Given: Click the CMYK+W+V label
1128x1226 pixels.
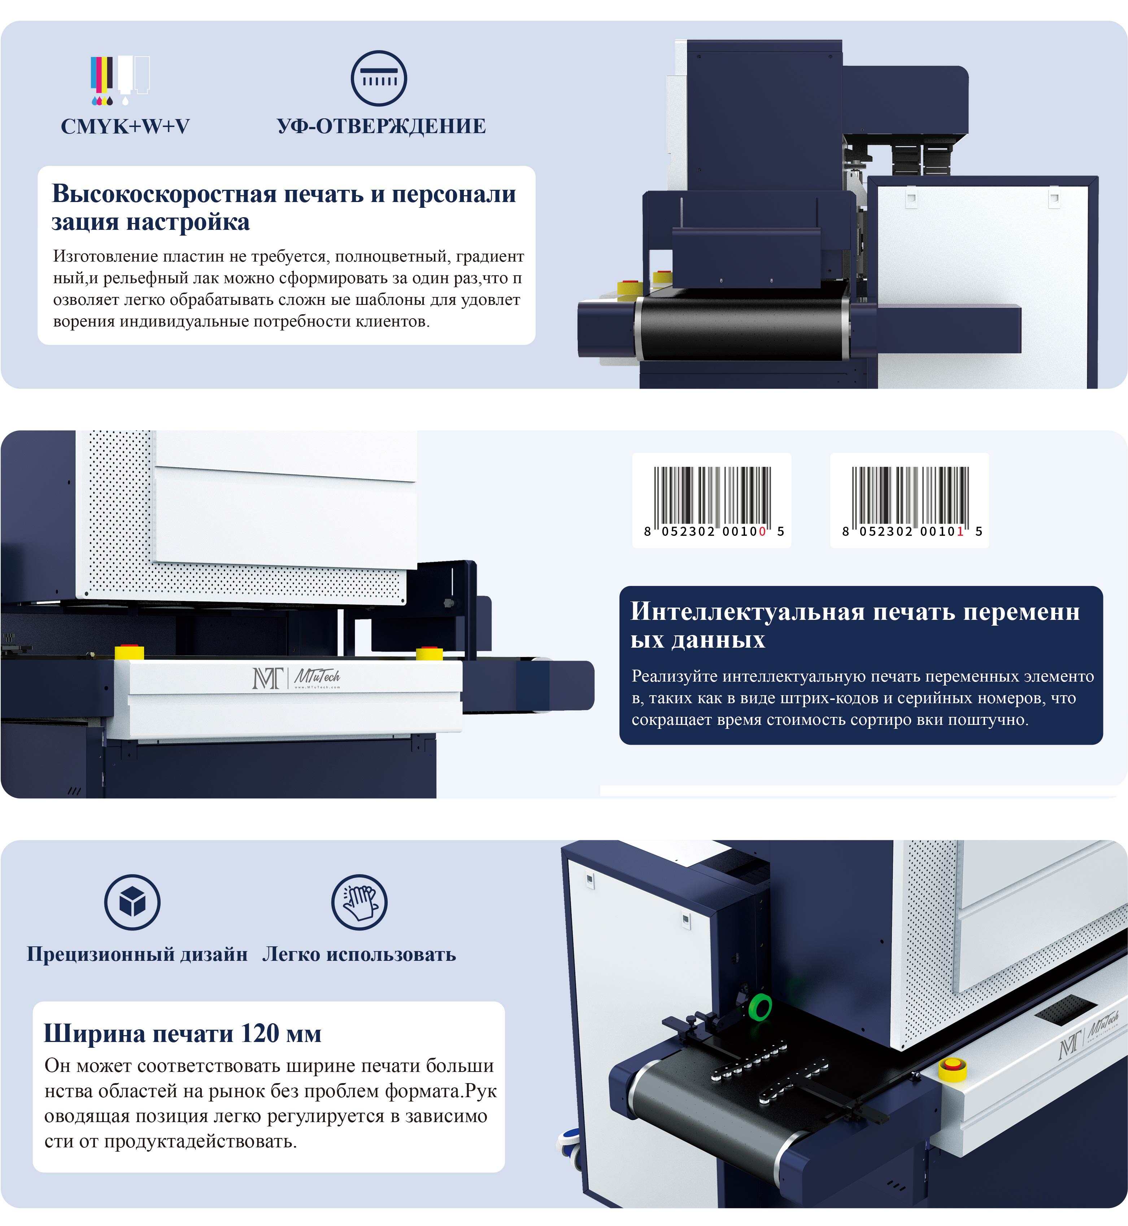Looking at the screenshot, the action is coord(125,126).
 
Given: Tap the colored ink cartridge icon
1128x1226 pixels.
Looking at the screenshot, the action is coord(120,80).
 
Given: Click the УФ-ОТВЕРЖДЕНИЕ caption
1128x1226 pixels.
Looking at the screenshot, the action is coord(382,126).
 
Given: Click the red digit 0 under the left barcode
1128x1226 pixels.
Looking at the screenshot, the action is coord(762,531).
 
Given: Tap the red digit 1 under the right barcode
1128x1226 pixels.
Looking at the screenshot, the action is coord(960,531).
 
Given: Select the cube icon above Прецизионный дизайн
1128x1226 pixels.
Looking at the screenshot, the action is coord(132,902).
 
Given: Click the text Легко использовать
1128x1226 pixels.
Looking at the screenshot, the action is coord(359,954).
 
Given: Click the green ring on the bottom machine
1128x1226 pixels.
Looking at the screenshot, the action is coord(760,1007).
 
